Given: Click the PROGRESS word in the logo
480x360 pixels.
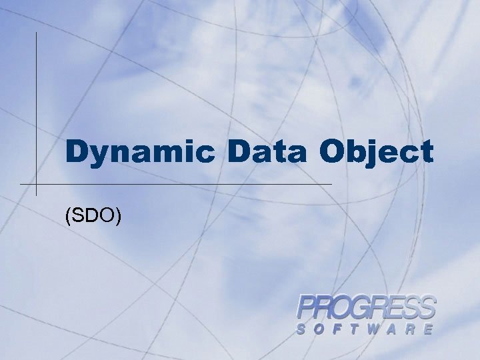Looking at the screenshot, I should pyautogui.click(x=366, y=309).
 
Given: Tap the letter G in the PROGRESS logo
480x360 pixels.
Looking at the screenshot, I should pyautogui.click(x=366, y=309).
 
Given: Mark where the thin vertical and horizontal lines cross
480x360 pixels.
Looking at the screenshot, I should pyautogui.click(x=36, y=183).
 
